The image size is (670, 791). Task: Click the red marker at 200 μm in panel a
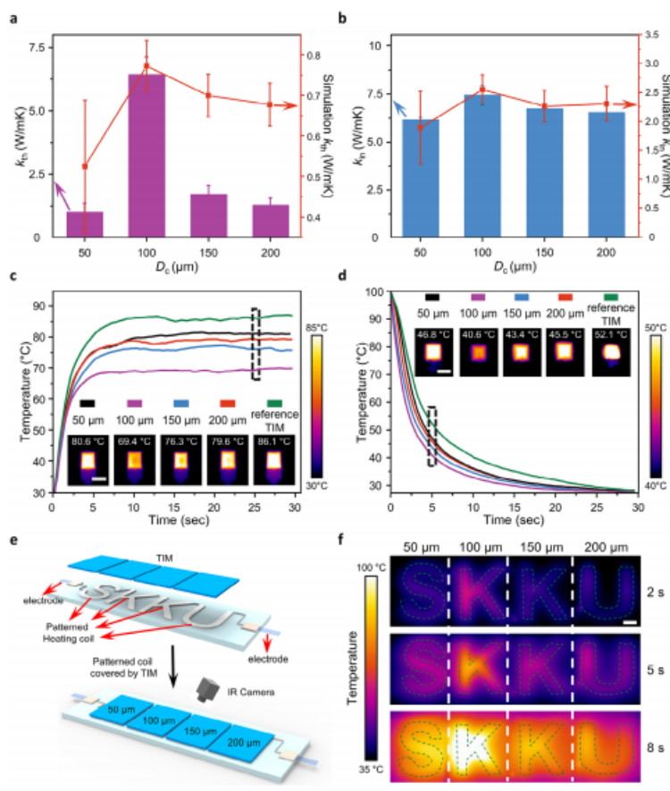[270, 105]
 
